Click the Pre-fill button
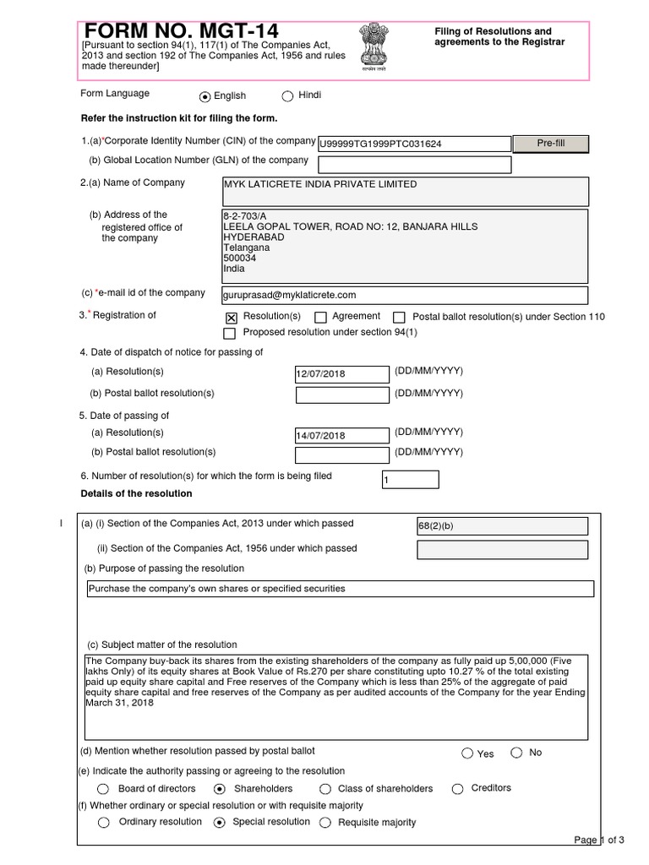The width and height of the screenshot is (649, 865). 550,144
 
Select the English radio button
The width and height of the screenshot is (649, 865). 205,97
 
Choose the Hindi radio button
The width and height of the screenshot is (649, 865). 287,96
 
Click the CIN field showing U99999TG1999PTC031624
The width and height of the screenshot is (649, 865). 413,144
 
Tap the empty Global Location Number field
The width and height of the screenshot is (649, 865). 413,165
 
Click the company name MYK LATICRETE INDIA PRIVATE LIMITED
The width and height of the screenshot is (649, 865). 319,184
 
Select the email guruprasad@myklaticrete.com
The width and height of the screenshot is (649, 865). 289,295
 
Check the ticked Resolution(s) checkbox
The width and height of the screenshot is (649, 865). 232,318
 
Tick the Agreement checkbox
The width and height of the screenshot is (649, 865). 320,318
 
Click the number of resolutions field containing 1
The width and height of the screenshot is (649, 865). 411,479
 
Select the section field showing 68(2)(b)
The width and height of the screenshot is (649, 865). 502,526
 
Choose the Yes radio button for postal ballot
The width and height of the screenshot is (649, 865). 467,753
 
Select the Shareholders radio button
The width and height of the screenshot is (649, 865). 220,789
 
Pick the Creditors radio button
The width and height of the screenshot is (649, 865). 457,789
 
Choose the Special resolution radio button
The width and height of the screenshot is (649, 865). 220,823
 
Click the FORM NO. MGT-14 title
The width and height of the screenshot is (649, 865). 180,32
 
